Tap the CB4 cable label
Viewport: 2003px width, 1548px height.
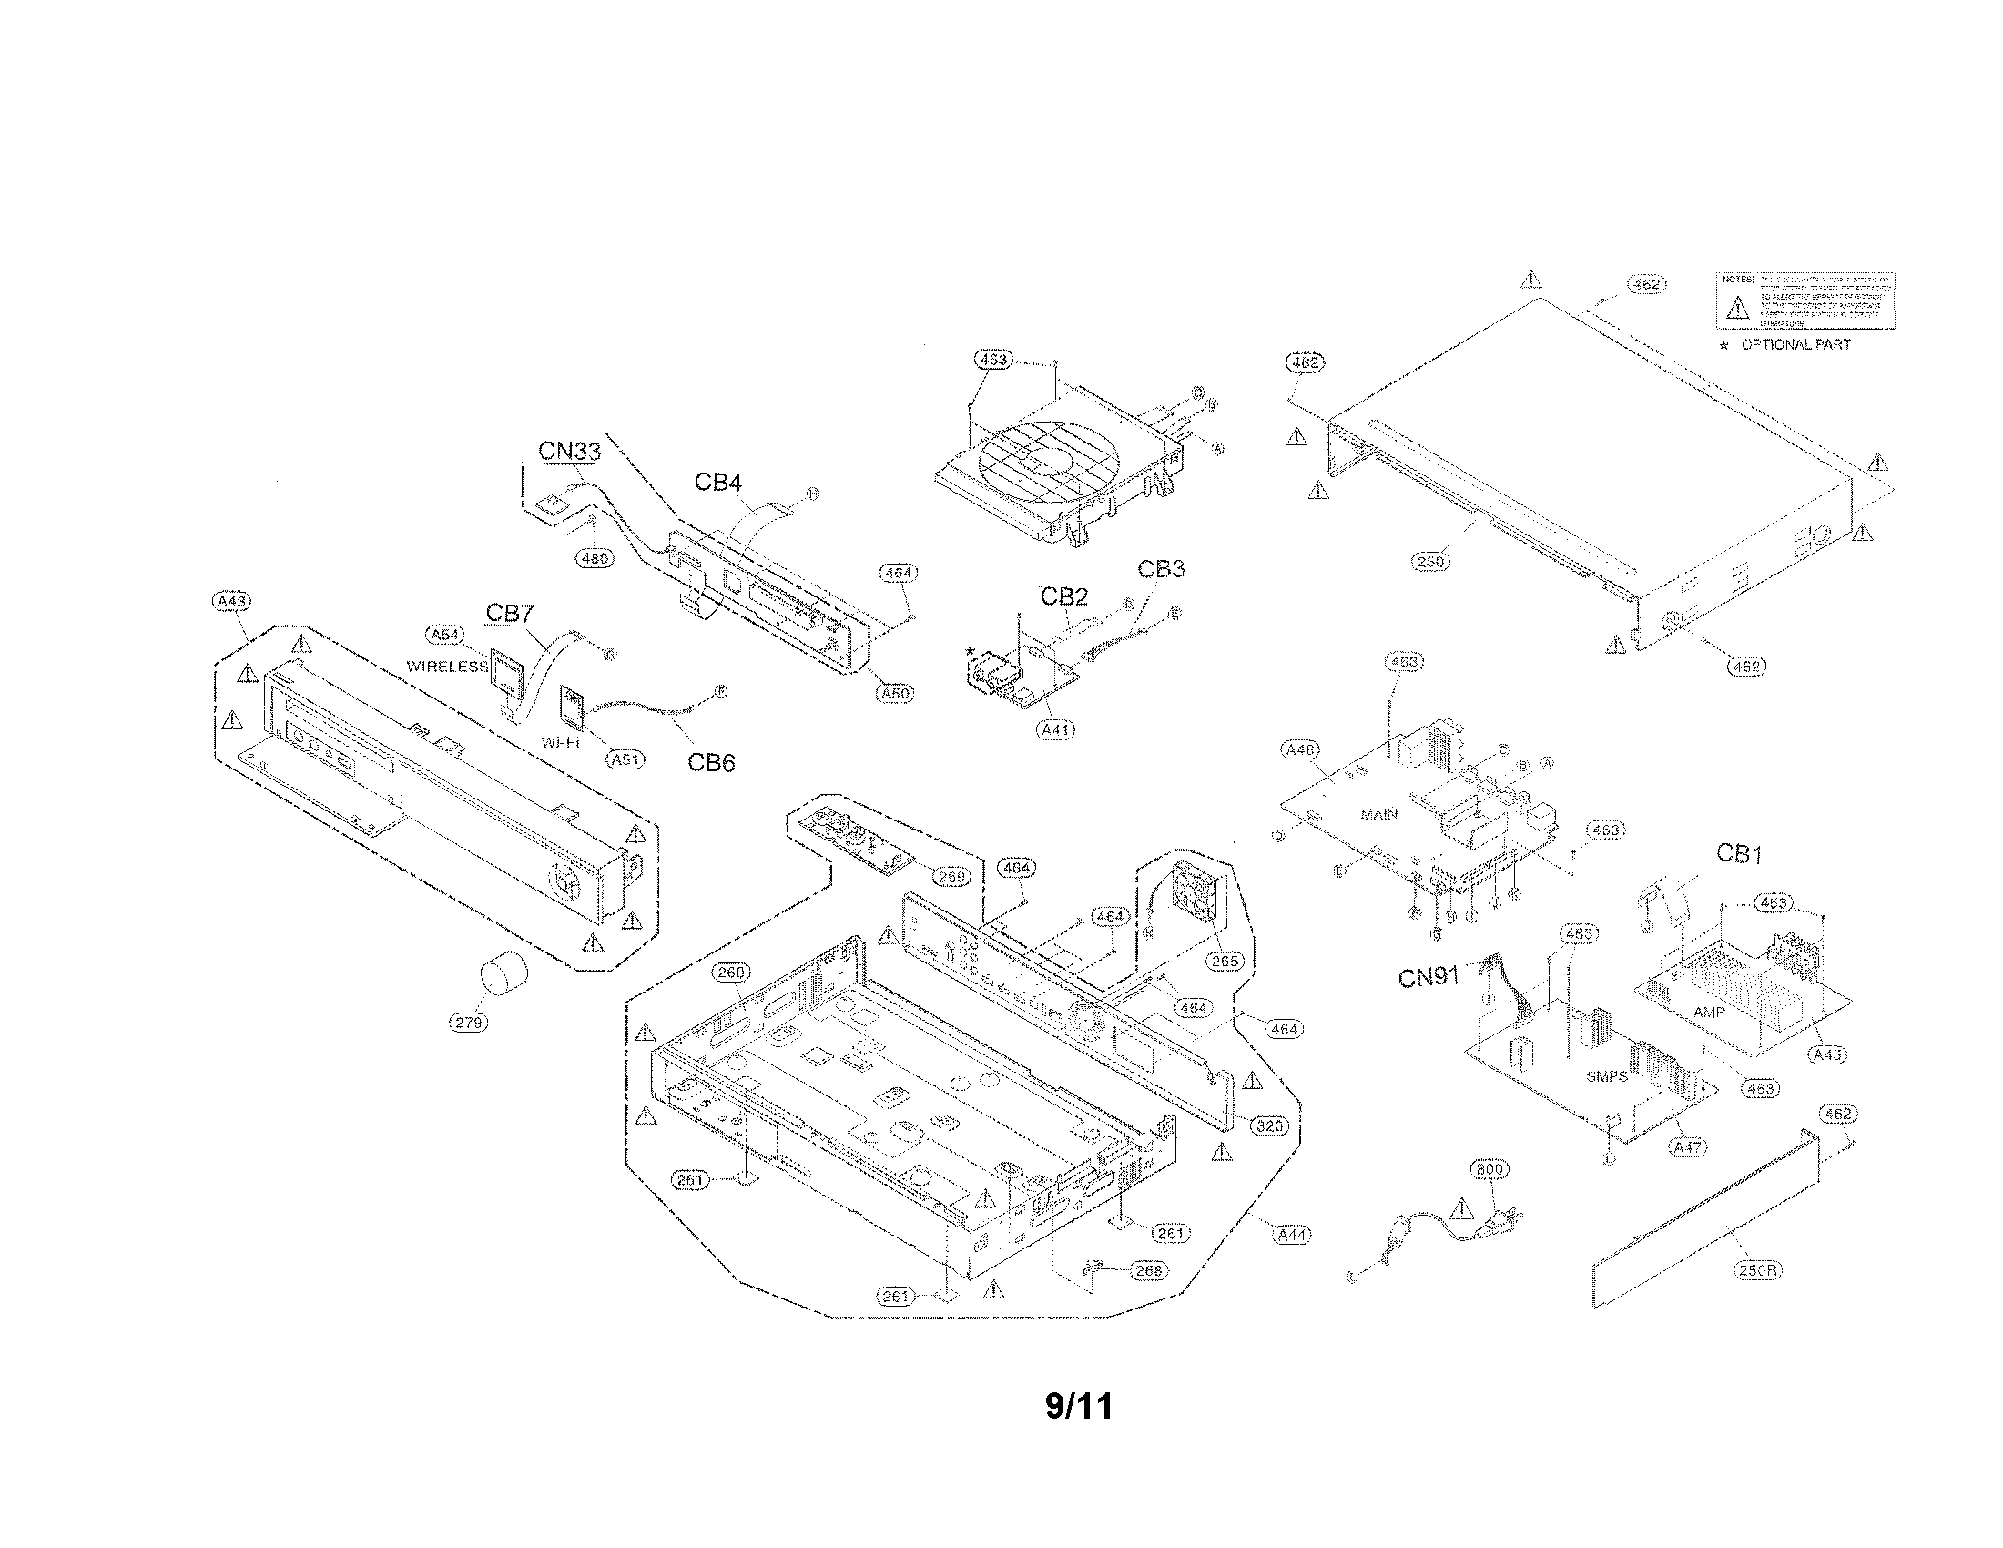coord(717,482)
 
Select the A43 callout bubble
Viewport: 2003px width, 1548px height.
coord(230,601)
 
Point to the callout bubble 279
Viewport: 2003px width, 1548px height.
coord(469,1022)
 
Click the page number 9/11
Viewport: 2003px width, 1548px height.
coord(1079,1406)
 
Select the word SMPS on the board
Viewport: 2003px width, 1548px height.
coord(1606,1076)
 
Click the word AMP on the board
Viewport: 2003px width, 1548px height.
coord(1709,1013)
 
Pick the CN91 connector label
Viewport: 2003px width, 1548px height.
coord(1428,978)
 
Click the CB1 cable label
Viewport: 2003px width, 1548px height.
coord(1739,854)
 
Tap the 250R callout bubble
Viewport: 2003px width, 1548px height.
coord(1758,1270)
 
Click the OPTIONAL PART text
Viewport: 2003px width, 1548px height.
coord(1795,345)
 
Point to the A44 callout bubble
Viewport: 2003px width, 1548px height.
coord(1292,1236)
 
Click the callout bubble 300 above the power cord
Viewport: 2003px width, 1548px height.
coord(1489,1169)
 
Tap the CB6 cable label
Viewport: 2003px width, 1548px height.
coord(711,762)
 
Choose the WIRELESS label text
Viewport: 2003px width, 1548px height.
coord(447,667)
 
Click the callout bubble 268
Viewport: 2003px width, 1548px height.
coord(1148,1270)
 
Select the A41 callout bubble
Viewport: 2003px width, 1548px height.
coord(1055,730)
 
